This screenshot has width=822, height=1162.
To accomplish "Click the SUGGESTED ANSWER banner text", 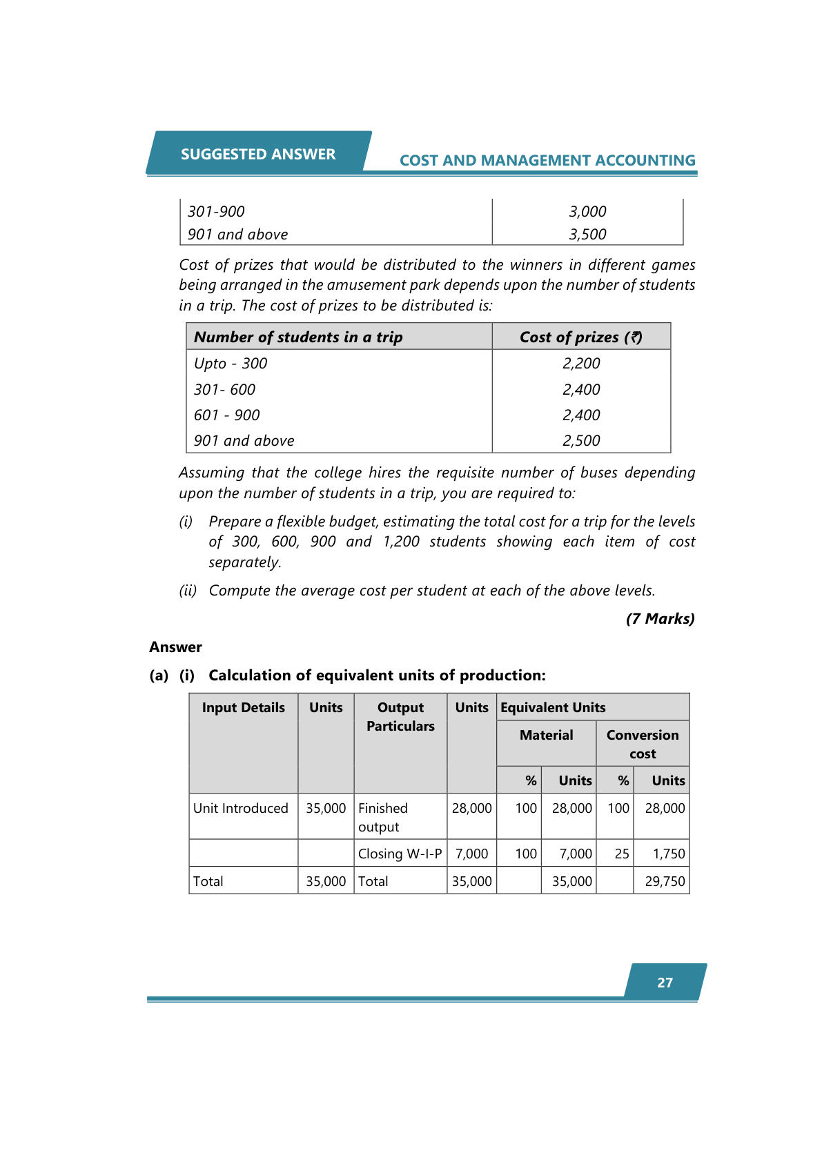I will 258,154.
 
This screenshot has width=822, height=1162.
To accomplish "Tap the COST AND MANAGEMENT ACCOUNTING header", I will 547,160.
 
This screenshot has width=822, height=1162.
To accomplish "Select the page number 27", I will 665,983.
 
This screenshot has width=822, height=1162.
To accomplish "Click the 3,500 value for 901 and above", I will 587,235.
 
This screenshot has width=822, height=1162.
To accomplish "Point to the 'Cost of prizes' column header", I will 580,337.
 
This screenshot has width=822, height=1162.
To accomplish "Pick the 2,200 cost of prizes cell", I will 581,364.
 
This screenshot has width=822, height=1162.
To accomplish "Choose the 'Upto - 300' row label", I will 231,364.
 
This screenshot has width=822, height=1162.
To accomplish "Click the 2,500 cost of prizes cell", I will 581,441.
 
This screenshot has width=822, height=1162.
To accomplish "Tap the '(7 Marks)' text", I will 660,619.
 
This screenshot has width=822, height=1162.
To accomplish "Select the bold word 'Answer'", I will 176,647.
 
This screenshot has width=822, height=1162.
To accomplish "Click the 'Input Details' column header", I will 243,708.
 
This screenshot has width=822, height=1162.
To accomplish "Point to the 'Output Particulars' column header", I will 400,717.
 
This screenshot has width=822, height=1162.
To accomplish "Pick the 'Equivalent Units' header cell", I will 553,708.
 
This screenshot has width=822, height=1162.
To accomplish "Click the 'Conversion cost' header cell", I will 643,745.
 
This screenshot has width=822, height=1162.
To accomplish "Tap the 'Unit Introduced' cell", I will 241,809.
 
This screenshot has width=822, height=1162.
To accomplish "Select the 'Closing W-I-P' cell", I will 400,854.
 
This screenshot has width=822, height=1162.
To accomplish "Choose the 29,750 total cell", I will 665,882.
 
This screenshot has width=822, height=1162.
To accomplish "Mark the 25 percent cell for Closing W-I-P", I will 622,854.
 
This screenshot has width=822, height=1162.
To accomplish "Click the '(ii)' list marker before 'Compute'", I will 188,591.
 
